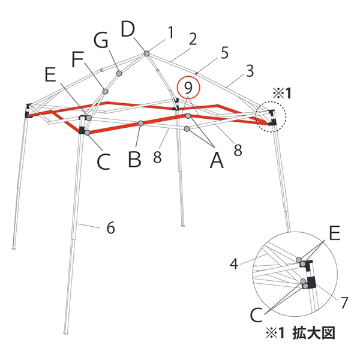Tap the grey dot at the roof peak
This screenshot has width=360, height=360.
point(146,54)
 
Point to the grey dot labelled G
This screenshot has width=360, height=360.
point(119,73)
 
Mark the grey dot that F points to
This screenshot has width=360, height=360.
point(105,91)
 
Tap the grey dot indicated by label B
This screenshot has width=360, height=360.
point(140,124)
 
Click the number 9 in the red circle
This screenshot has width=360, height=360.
point(188,88)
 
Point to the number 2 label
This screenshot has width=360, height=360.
point(193,40)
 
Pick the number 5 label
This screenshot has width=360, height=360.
point(224,53)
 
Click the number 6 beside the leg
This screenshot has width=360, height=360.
point(110,228)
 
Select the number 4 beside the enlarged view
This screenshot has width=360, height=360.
point(235,262)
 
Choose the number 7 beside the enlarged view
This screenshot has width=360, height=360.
point(344,303)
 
